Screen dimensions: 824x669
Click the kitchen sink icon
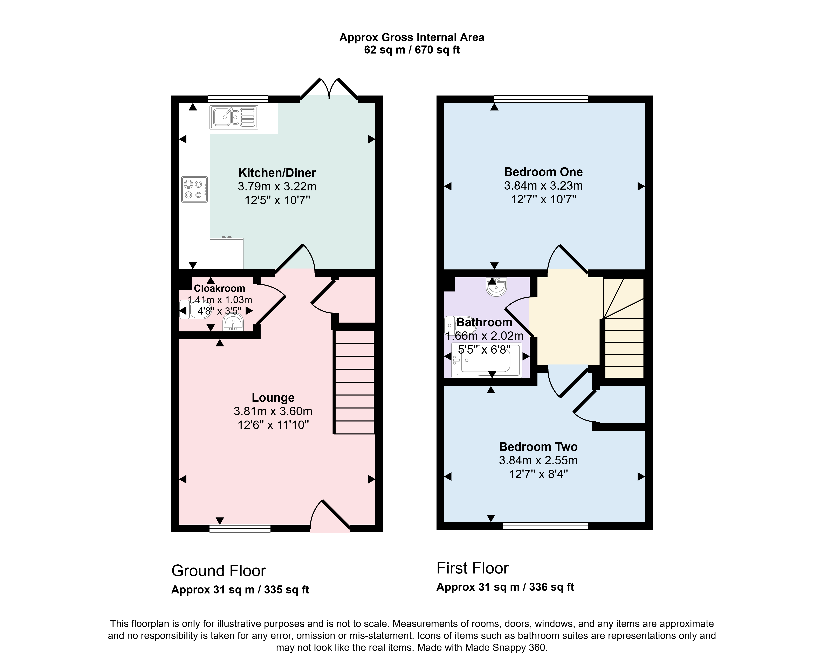(x=234, y=117)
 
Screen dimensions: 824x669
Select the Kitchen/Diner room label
(x=277, y=173)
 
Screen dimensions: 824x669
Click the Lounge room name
(x=273, y=397)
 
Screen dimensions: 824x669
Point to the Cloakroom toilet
(x=195, y=309)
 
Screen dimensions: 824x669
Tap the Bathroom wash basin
(x=496, y=286)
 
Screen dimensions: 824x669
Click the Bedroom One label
(x=543, y=172)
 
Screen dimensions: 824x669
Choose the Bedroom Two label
(x=538, y=447)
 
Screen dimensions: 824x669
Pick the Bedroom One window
(x=541, y=99)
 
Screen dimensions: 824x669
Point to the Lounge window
(x=240, y=528)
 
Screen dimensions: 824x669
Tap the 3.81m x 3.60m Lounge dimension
(x=273, y=411)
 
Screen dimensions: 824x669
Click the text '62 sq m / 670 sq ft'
(x=412, y=50)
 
